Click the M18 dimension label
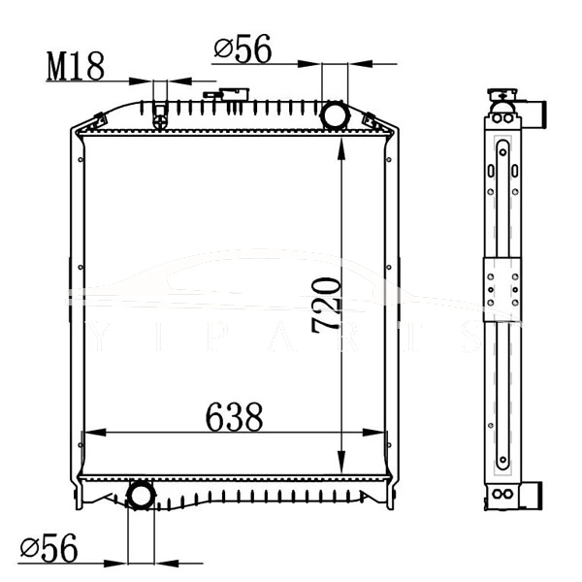point(75,66)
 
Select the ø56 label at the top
point(242,48)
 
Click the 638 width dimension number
point(234,418)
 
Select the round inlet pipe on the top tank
point(335,114)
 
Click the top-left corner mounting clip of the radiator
point(96,120)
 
